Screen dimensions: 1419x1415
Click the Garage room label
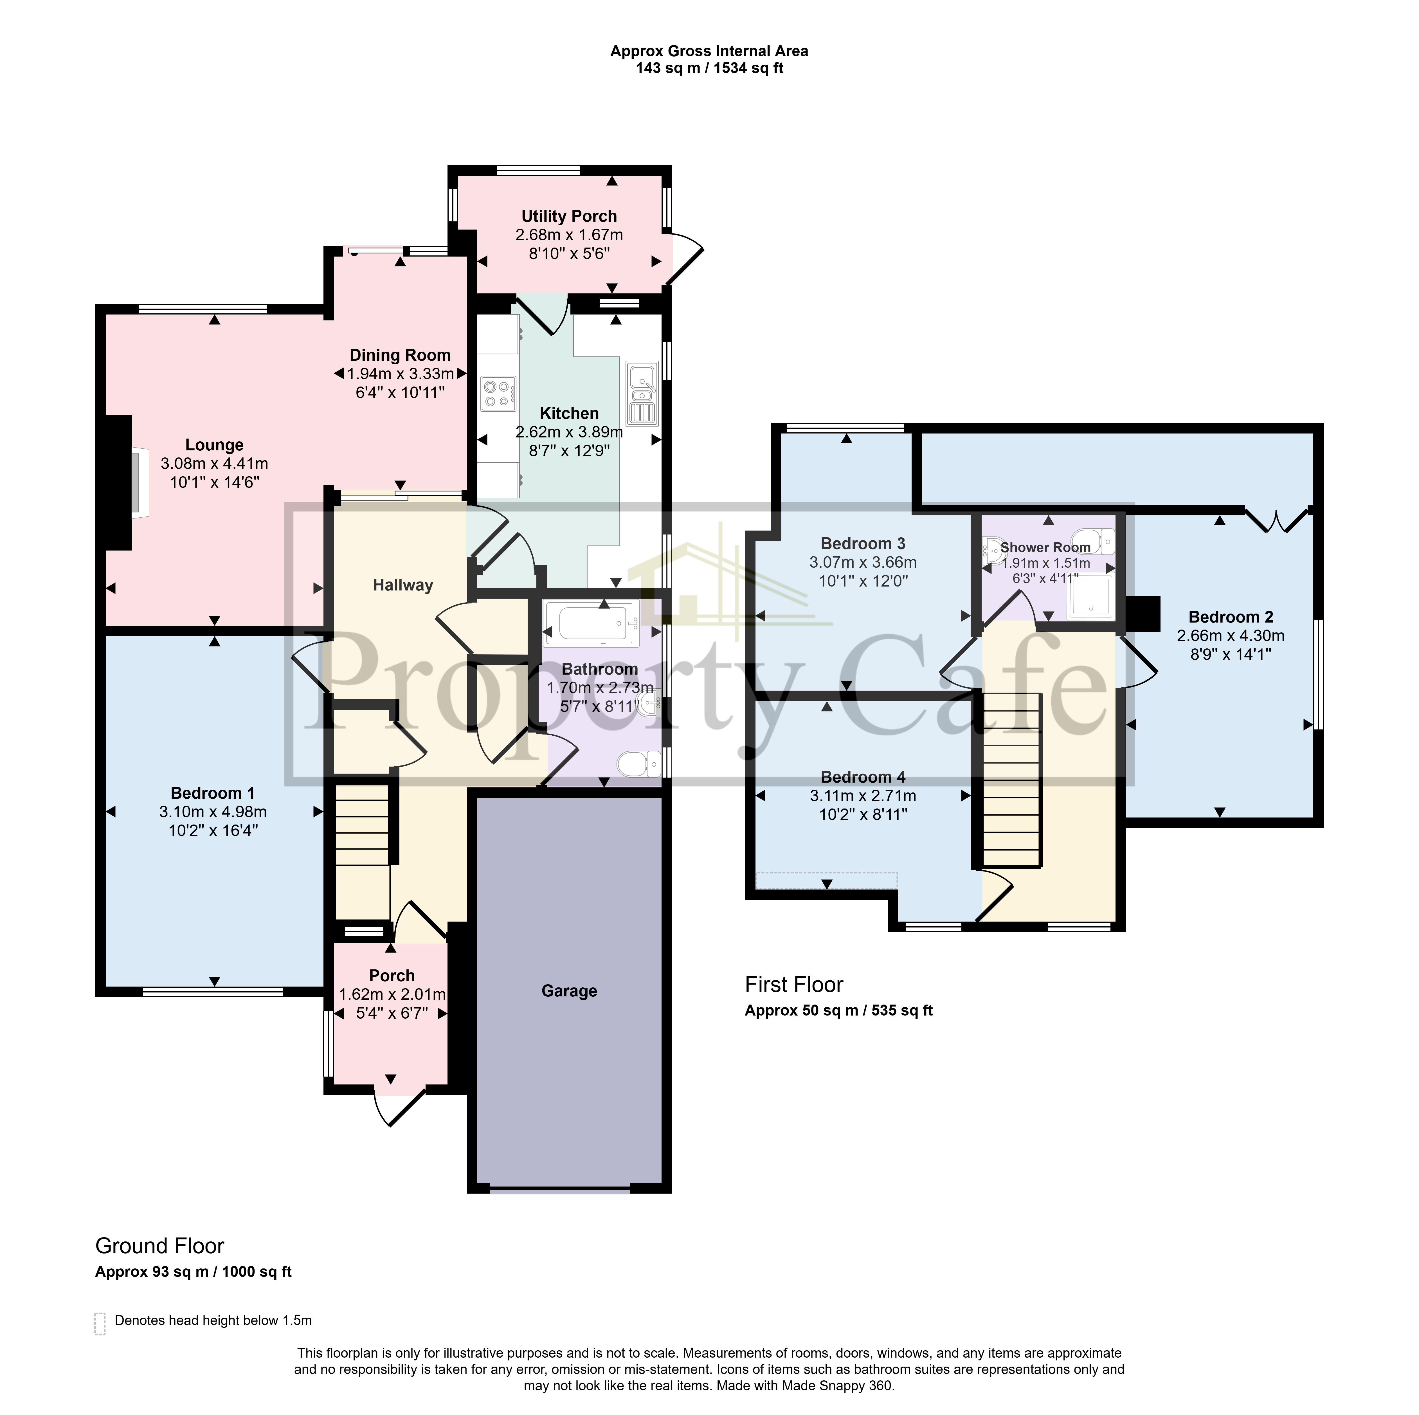(x=569, y=991)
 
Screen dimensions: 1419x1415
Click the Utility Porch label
(x=569, y=216)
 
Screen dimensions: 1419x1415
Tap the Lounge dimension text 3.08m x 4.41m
(x=214, y=464)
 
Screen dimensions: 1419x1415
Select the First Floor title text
(x=794, y=985)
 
